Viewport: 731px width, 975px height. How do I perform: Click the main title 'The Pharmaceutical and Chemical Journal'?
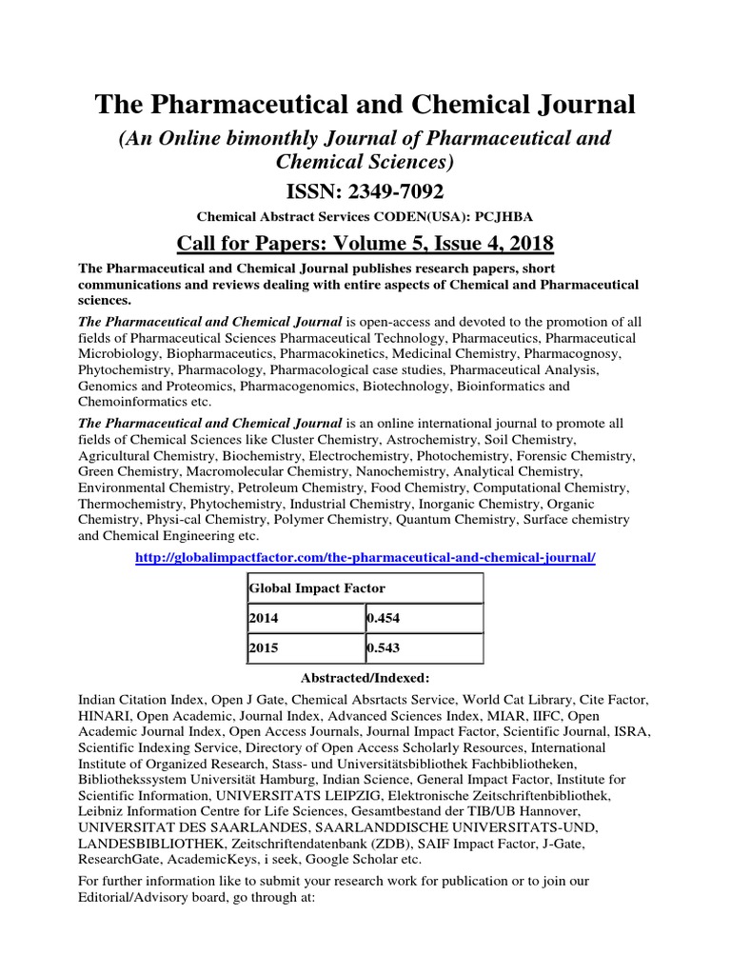[365, 105]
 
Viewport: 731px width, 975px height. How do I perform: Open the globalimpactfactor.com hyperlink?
[365, 557]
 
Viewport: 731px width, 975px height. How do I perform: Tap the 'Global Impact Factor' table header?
[317, 588]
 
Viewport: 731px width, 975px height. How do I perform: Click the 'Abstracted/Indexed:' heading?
[365, 678]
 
